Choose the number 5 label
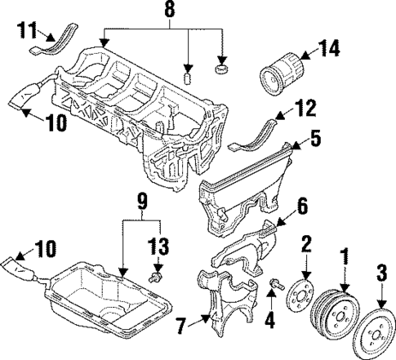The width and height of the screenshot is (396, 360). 315,140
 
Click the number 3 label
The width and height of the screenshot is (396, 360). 380,272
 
